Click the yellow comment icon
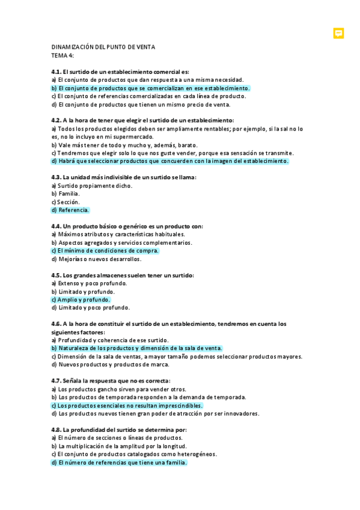coord(338,33)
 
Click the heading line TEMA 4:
coord(63,55)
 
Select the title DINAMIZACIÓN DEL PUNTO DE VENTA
coord(103,47)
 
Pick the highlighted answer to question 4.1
coord(150,88)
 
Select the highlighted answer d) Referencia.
coord(70,210)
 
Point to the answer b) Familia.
coord(66,194)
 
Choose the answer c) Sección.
coord(66,202)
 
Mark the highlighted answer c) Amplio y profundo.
coord(81,300)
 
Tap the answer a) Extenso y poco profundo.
coord(89,283)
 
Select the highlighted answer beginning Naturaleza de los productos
coord(137,348)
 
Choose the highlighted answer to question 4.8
coord(119,462)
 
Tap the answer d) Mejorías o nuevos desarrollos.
coord(96,259)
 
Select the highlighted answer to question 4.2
coord(170,161)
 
